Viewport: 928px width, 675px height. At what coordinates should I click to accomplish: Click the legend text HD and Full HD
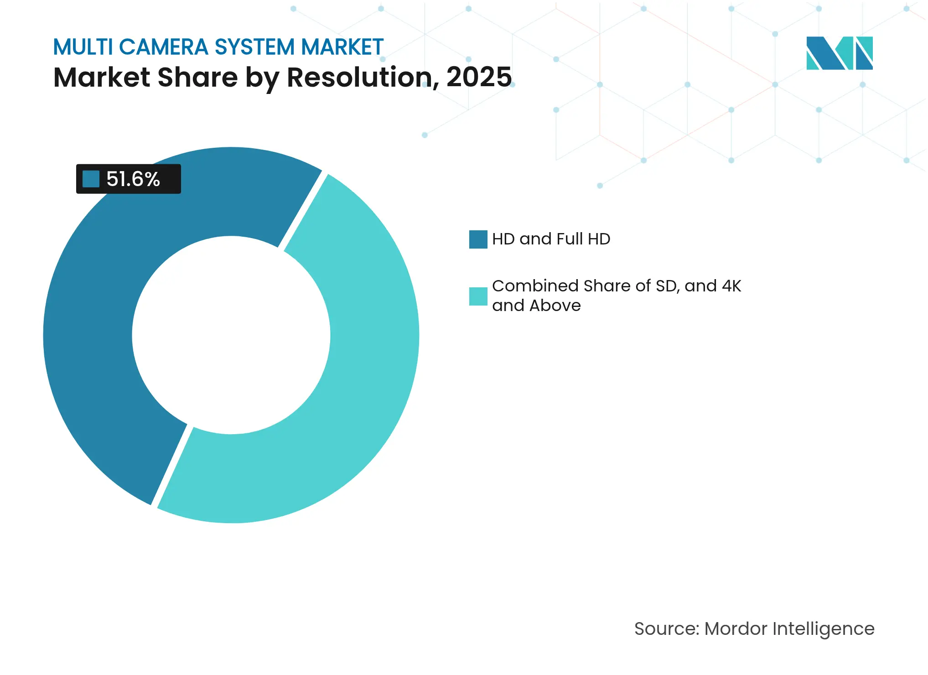pos(551,239)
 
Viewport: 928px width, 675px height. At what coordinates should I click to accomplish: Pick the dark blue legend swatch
pos(478,239)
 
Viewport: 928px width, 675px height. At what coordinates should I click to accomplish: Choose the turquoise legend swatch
pos(478,296)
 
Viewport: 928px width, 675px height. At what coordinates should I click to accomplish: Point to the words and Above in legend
pos(536,306)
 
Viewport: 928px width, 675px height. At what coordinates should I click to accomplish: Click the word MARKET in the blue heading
pos(342,47)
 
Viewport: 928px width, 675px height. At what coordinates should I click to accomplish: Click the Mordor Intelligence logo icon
pos(839,53)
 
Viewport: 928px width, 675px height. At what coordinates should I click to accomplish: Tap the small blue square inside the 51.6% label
pos(91,179)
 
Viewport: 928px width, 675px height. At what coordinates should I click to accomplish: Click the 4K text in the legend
pos(731,286)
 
